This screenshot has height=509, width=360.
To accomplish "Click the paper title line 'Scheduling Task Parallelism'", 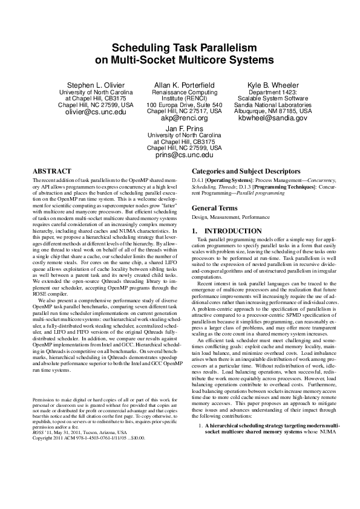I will (x=180, y=49).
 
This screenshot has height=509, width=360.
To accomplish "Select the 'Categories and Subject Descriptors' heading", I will (x=246, y=171).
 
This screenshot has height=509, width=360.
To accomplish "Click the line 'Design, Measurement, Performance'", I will (x=222, y=216).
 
